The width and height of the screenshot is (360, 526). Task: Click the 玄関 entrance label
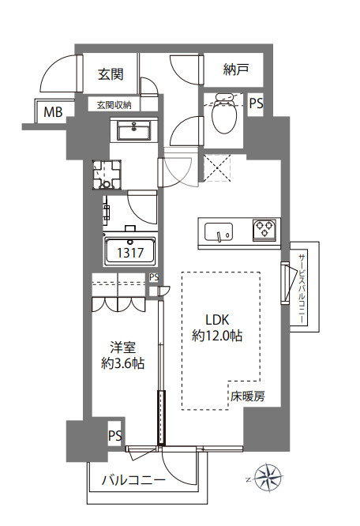point(111,74)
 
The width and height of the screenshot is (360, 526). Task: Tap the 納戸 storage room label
point(235,70)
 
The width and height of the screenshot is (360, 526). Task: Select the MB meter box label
point(54,111)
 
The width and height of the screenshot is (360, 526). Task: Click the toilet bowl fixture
point(224,114)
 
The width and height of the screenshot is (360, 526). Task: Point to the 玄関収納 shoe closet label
point(114,105)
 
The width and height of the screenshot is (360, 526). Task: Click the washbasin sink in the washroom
point(134,130)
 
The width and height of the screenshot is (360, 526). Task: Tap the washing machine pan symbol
point(107,175)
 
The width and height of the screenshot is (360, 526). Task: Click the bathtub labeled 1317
point(130,250)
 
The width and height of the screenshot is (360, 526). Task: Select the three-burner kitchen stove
point(264,230)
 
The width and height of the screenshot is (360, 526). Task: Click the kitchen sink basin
point(219,231)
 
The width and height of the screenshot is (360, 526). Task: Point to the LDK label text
point(217,320)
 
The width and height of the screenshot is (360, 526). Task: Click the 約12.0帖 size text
point(217,336)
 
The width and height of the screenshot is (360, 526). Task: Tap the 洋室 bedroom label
point(123,348)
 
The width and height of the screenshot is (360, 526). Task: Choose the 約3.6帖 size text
point(123,363)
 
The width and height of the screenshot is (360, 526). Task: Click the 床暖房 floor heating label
point(247,396)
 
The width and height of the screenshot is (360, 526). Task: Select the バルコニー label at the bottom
point(133,480)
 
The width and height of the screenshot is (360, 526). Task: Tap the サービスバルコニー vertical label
point(302,288)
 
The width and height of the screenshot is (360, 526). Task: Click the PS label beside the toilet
point(256,103)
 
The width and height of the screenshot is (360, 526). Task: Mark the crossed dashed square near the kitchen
point(217,167)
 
